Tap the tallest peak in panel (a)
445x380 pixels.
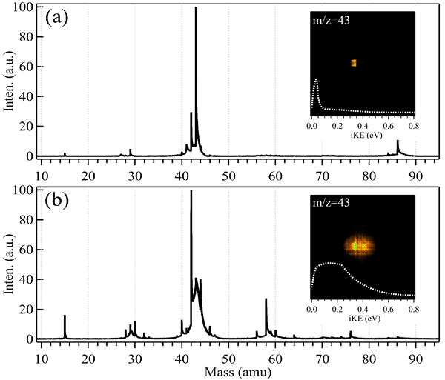click(196, 9)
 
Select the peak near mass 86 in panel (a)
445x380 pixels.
click(398, 141)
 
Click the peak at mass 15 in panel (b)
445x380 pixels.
click(65, 316)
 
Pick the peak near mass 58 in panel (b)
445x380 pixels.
click(266, 300)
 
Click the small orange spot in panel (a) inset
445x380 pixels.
click(355, 63)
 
